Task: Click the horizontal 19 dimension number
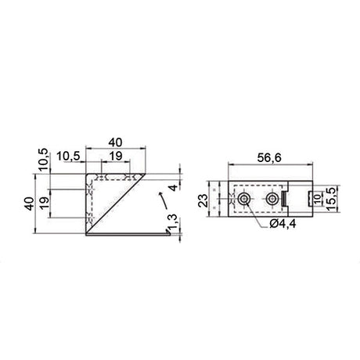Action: pos(114,157)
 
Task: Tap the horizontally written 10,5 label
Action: pos(70,157)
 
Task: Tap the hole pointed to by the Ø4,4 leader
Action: pos(245,200)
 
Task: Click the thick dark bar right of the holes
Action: pos(286,201)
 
